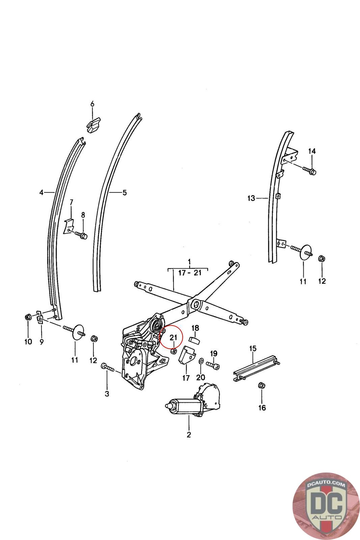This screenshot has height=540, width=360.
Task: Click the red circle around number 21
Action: [171, 337]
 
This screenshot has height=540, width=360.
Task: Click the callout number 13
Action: [251, 198]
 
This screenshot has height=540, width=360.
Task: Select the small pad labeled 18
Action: [194, 340]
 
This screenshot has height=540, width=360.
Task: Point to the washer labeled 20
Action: [201, 361]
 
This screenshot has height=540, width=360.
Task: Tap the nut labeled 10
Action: [28, 317]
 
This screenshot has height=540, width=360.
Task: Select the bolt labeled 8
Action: [81, 235]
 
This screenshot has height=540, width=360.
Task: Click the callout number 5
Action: [124, 193]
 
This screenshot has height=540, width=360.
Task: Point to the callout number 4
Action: [41, 192]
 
